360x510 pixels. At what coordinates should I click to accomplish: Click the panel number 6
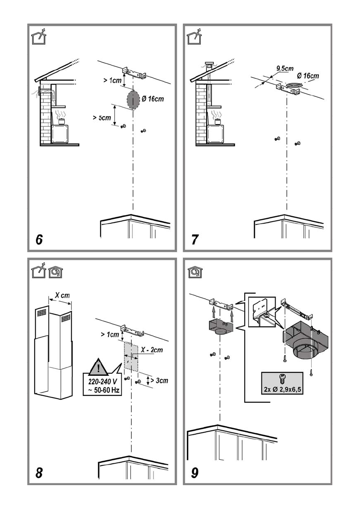click(x=39, y=240)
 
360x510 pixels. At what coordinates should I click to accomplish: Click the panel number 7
click(x=195, y=240)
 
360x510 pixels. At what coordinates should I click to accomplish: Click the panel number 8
click(x=39, y=473)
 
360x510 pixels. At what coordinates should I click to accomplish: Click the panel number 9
click(x=195, y=473)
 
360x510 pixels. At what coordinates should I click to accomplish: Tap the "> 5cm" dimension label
click(x=102, y=118)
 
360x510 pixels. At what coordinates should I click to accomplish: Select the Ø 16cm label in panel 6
click(x=153, y=99)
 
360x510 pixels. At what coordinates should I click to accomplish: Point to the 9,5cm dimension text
click(x=285, y=68)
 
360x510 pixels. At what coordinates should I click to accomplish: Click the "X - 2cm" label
click(x=152, y=350)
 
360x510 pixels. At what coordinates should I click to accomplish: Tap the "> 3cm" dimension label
click(x=159, y=380)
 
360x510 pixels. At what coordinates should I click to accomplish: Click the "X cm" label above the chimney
click(x=62, y=296)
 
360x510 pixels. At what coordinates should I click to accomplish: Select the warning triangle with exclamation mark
click(x=97, y=367)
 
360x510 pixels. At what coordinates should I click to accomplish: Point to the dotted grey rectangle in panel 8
click(x=131, y=356)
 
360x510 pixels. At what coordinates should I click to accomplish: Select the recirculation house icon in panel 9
click(x=195, y=273)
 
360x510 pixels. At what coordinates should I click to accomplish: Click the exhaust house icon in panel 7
click(x=195, y=38)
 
